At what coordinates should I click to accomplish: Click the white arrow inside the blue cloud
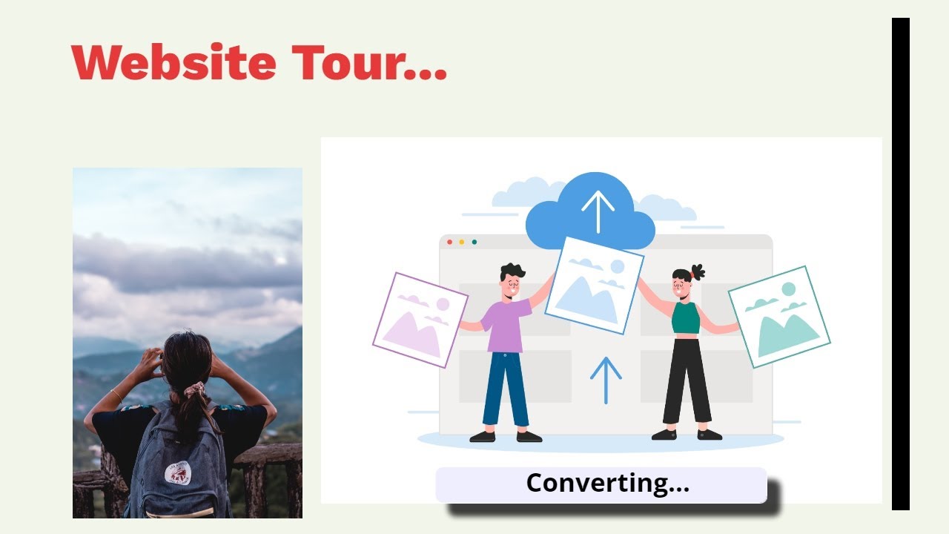pyautogui.click(x=597, y=211)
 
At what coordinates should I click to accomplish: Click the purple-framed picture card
pyautogui.click(x=420, y=320)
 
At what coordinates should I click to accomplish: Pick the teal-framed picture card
pyautogui.click(x=778, y=317)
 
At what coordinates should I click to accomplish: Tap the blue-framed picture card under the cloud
pyautogui.click(x=594, y=285)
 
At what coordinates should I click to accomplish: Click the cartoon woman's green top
pyautogui.click(x=686, y=317)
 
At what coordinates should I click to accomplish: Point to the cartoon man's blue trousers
pyautogui.click(x=506, y=389)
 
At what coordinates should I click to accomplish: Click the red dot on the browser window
pyautogui.click(x=450, y=242)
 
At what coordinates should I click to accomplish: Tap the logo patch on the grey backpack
pyautogui.click(x=178, y=472)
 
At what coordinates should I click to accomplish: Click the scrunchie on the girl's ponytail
pyautogui.click(x=194, y=389)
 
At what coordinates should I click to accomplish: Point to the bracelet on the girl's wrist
pyautogui.click(x=117, y=395)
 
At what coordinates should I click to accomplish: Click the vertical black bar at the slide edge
pyautogui.click(x=900, y=263)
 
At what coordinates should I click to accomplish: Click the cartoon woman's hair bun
pyautogui.click(x=697, y=271)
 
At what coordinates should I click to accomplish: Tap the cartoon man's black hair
pyautogui.click(x=512, y=271)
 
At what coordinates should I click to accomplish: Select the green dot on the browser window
pyautogui.click(x=474, y=242)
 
